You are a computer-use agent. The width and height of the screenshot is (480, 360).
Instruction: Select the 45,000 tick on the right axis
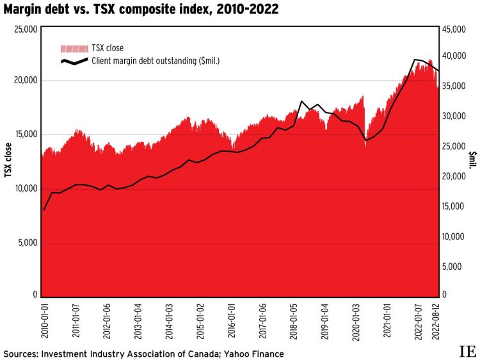pyautogui.click(x=454, y=29)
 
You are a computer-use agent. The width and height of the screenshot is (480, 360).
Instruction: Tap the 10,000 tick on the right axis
pyautogui.click(x=454, y=236)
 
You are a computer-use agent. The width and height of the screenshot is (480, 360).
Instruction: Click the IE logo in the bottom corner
pyautogui.click(x=466, y=351)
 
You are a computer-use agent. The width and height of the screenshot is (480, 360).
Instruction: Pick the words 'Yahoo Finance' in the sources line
pyautogui.click(x=253, y=354)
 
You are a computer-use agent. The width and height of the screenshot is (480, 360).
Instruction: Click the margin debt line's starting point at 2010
pyautogui.click(x=44, y=209)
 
